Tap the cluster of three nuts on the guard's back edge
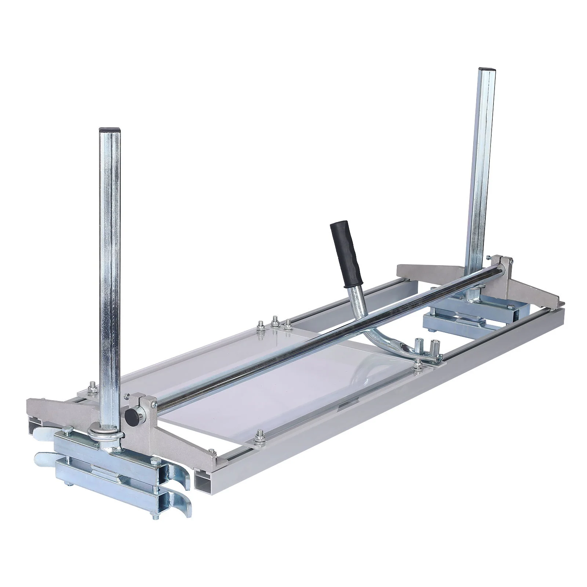click(x=274, y=323)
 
